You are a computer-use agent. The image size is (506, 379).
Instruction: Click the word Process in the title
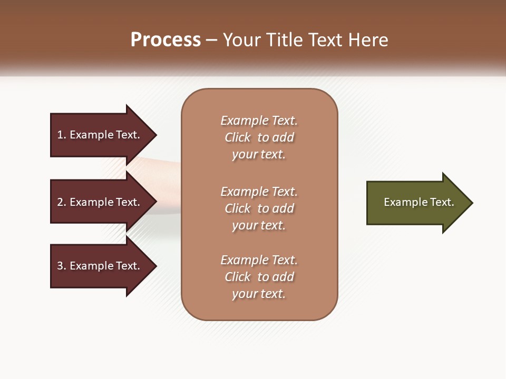(166, 40)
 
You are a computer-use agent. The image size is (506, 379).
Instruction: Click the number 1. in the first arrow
(62, 135)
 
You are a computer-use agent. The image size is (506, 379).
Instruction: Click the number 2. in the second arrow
(62, 202)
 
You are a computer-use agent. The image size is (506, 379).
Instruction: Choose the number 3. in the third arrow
(62, 266)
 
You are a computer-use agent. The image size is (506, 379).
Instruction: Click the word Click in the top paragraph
(238, 137)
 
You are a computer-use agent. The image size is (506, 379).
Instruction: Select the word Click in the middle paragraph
(238, 208)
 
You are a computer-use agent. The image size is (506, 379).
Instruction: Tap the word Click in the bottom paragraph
(238, 277)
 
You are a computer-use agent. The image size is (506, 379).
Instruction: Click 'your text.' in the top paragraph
(259, 154)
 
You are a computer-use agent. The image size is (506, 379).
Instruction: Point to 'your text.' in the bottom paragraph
(259, 294)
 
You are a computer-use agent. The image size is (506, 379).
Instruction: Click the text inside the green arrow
(419, 202)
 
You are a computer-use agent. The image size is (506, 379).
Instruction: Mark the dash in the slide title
(212, 41)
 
